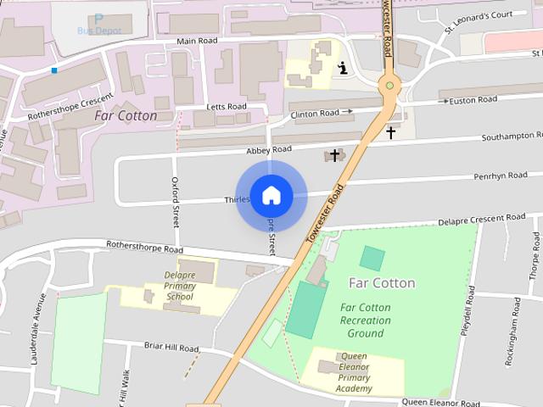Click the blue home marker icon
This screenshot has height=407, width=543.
[271, 196]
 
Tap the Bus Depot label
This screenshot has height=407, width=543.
[99, 31]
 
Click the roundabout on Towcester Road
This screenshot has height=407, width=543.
[389, 84]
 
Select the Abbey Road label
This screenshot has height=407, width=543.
[268, 149]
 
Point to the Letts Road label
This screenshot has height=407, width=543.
[226, 107]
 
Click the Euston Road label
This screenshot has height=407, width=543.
[473, 100]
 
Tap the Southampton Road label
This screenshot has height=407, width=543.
[512, 136]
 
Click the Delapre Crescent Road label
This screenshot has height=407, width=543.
[481, 218]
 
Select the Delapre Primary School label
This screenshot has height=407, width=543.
[180, 286]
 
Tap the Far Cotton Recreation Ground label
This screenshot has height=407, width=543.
[366, 321]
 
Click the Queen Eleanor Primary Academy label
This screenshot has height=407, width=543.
[355, 372]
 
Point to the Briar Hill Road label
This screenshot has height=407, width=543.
[171, 348]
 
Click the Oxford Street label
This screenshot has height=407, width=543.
[176, 202]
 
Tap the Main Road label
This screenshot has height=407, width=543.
[197, 41]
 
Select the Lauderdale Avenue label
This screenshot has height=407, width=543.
[36, 341]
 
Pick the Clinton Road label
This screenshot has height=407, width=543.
[316, 113]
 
